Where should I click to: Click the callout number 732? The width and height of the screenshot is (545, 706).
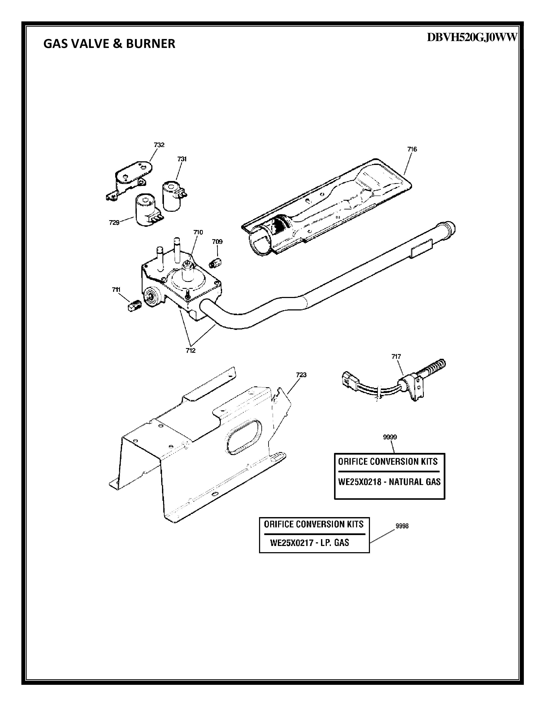(159, 145)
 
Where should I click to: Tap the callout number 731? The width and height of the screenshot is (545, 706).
(182, 159)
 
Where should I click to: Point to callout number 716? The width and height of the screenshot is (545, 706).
(412, 149)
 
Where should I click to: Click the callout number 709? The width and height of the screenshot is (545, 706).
(217, 242)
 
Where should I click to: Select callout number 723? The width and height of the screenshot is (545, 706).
(301, 375)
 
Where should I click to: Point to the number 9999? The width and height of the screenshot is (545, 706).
(390, 437)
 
